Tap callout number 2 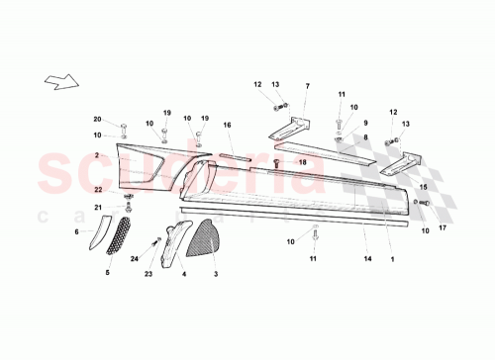(x=97, y=156)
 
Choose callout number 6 (x=76, y=231)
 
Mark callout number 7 (x=307, y=86)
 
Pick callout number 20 (x=97, y=119)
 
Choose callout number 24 (x=135, y=259)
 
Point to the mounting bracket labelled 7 (x=294, y=128)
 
